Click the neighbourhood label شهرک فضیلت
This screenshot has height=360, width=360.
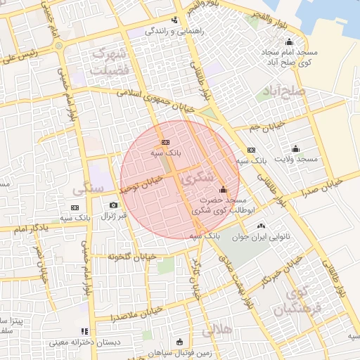110,60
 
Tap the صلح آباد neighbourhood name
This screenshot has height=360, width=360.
281,92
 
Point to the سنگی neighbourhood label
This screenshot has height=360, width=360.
88,190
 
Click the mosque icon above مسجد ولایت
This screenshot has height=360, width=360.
295,148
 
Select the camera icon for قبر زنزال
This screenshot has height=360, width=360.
114,205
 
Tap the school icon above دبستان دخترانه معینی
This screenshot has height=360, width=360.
84,331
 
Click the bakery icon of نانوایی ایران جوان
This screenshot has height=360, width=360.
262,226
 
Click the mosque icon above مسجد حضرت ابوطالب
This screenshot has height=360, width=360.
224,189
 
